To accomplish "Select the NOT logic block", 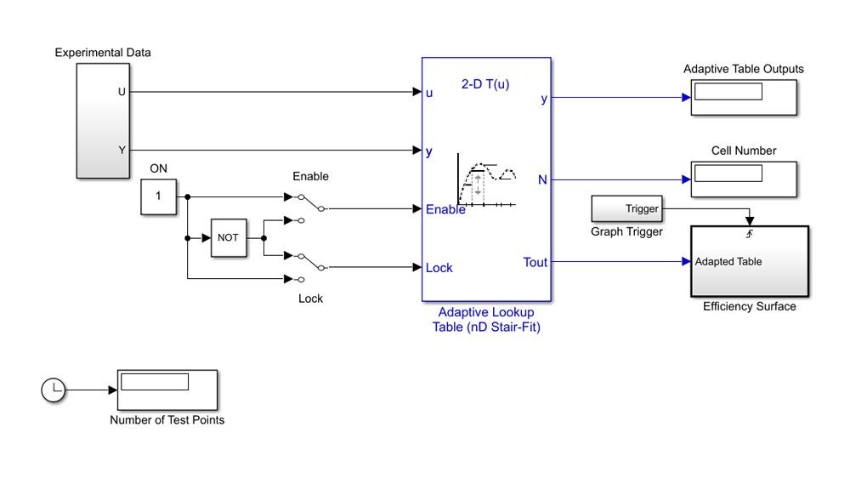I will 228,238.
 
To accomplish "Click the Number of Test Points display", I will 167,390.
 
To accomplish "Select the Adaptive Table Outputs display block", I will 744,97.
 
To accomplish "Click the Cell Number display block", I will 744,179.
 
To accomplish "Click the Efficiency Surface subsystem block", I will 749,262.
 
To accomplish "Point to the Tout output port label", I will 535,262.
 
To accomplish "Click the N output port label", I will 542,179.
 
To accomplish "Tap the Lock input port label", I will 439,268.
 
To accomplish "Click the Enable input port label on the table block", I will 445,209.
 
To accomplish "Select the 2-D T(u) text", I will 485,84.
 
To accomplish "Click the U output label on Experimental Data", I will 122,91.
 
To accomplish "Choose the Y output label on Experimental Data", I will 122,150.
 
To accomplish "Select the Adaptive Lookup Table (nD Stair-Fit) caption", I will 486,319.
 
